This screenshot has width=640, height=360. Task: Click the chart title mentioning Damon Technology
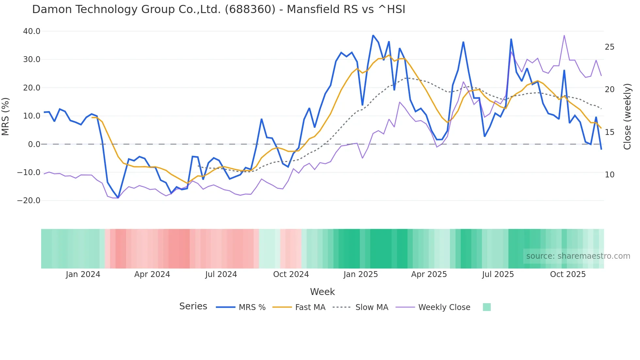point(218,9)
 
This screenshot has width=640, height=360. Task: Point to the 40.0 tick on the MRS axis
point(32,31)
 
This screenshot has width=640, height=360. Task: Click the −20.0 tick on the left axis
point(29,201)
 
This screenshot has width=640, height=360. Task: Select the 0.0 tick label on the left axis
point(34,144)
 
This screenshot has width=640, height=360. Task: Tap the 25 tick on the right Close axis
point(609,47)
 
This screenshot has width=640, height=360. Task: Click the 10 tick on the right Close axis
point(609,175)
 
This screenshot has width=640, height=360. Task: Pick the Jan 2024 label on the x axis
point(83,274)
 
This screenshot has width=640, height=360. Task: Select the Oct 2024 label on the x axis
point(291,274)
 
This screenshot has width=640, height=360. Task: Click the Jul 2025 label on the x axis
point(498,274)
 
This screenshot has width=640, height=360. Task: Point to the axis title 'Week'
point(322,292)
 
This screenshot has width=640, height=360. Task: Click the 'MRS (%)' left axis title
point(6,116)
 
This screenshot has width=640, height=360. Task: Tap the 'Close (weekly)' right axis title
point(627,116)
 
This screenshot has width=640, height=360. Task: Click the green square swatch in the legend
point(487,307)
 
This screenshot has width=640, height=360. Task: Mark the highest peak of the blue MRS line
point(373,35)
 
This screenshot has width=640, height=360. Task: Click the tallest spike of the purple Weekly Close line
point(564,35)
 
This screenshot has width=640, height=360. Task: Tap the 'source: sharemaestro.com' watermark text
point(578,256)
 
